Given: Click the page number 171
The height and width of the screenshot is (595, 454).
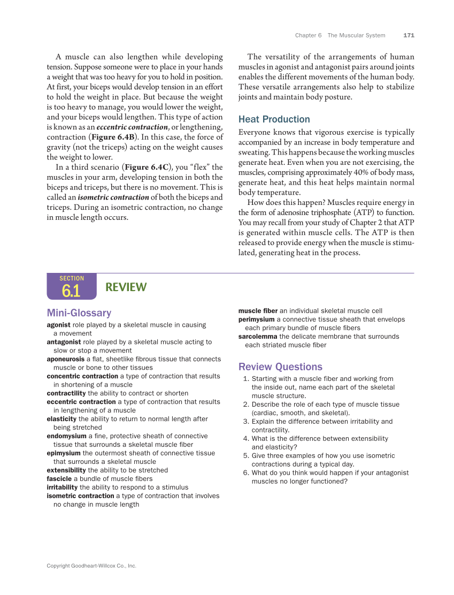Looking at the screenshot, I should click(x=409, y=35).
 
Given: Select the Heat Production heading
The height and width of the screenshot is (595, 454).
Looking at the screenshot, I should click(x=274, y=119).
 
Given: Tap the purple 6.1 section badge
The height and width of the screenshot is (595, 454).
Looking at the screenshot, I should click(x=71, y=287).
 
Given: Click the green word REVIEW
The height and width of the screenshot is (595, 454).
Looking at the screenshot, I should click(x=126, y=287).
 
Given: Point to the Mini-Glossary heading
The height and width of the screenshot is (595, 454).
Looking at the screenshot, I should click(x=79, y=313).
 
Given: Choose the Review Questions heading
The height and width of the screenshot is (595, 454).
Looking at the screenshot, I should click(x=280, y=367).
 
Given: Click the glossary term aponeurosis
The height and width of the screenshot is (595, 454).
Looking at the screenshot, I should click(x=66, y=359).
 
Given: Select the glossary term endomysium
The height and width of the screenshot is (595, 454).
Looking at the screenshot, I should click(x=66, y=436).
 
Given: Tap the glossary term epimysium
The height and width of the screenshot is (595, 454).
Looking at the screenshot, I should click(x=64, y=453).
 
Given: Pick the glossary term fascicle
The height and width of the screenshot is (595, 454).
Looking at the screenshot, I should click(x=59, y=479).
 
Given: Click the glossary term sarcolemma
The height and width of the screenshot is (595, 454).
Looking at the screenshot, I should click(x=258, y=337).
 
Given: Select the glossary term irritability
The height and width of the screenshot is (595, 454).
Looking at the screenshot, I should click(x=62, y=487).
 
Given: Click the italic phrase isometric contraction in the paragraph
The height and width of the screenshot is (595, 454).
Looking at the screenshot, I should click(x=113, y=197).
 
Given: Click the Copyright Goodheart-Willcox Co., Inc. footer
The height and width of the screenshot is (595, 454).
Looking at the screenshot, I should click(x=91, y=566).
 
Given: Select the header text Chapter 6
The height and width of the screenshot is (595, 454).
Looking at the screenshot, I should click(x=308, y=35).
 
